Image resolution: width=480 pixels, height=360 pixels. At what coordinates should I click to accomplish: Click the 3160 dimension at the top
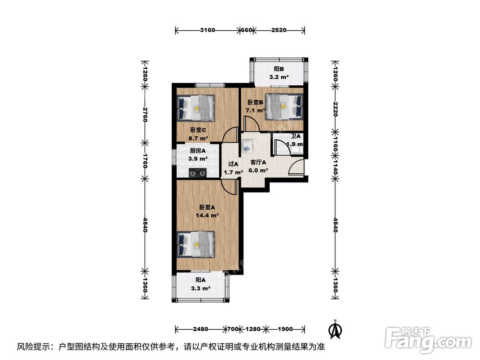pos(207,30)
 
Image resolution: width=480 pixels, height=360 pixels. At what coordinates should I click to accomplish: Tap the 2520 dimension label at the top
pos(278,30)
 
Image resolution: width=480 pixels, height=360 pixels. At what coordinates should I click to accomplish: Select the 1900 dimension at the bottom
pos(285,329)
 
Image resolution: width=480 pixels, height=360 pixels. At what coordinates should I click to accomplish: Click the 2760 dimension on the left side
pos(144,115)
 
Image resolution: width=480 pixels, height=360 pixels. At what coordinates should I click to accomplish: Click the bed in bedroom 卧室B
pos(284,106)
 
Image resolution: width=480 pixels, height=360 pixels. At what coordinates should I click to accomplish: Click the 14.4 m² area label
pos(207,216)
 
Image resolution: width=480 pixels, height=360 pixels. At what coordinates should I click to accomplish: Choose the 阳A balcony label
pos(200,280)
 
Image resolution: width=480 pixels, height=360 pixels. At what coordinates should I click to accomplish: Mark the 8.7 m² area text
pos(198,138)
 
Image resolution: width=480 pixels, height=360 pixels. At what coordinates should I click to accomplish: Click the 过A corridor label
pos(233,164)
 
